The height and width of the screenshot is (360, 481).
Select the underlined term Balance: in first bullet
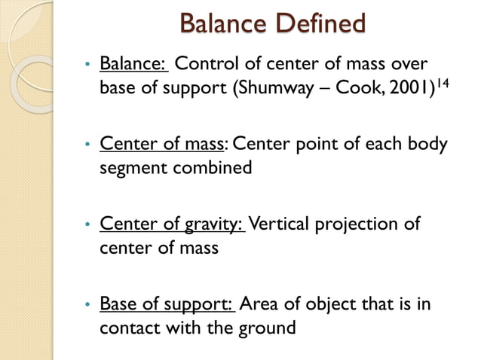(x=133, y=64)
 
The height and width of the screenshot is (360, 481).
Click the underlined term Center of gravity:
(x=173, y=224)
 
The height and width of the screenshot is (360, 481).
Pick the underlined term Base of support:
(x=168, y=304)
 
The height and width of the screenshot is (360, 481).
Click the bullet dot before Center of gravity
(x=88, y=224)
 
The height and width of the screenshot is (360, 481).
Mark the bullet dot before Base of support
(x=88, y=304)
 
